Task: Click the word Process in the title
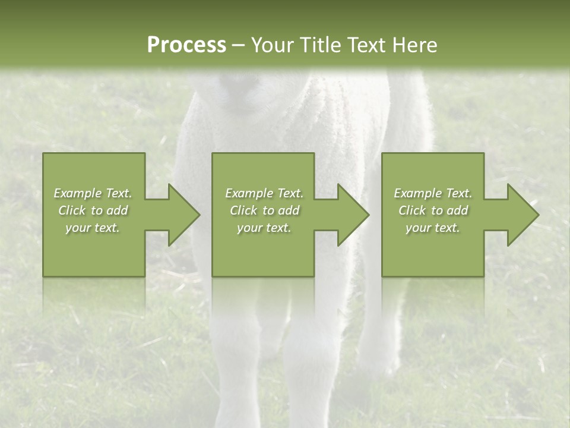tap(186, 45)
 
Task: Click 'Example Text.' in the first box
tap(93, 193)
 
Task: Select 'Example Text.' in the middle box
tap(264, 193)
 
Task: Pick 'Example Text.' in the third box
tap(433, 193)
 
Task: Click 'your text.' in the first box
tap(93, 228)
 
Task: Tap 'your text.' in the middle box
tap(264, 228)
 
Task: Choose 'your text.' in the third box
tap(433, 228)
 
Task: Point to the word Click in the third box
tap(413, 210)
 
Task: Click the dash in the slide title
tap(239, 45)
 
